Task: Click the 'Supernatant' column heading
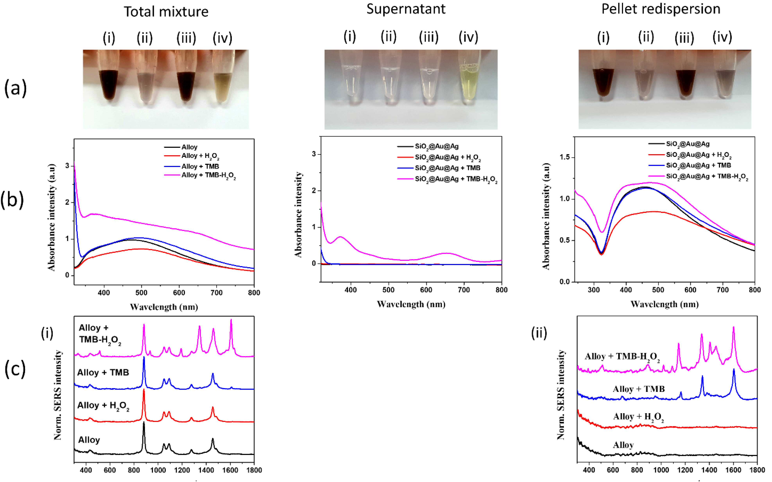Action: (406, 9)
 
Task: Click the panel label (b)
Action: (12, 200)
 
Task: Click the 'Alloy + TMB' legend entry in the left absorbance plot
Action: (200, 166)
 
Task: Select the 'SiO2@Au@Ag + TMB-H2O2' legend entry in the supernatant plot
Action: (456, 179)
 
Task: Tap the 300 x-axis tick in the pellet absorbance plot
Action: (594, 290)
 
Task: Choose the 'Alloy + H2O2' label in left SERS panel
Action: (103, 406)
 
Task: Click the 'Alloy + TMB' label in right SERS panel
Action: (639, 389)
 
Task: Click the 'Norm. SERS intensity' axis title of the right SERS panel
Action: (561, 395)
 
